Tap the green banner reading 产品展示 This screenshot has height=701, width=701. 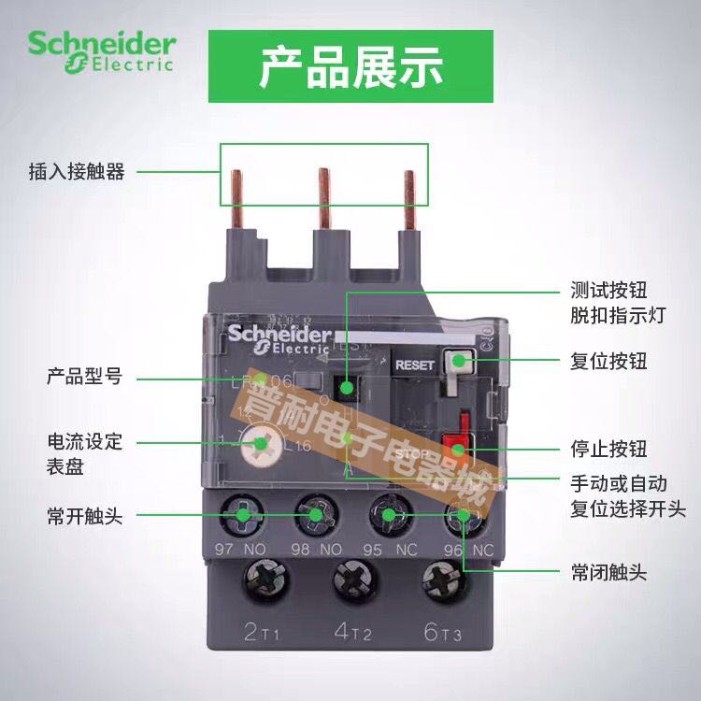point(350,68)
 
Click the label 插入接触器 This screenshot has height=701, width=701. point(77,172)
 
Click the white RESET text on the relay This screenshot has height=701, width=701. point(416,365)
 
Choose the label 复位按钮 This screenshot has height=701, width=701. point(608,361)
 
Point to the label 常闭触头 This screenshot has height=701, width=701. point(608,571)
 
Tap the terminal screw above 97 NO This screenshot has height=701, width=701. point(243,514)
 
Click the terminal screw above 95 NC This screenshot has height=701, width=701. point(386,514)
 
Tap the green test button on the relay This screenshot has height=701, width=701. point(347,388)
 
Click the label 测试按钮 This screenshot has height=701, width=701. point(608,290)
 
